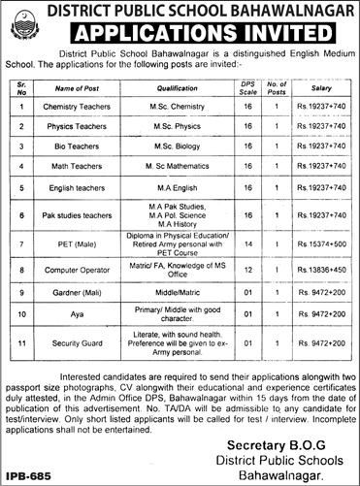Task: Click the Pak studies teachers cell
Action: [x=77, y=211]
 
